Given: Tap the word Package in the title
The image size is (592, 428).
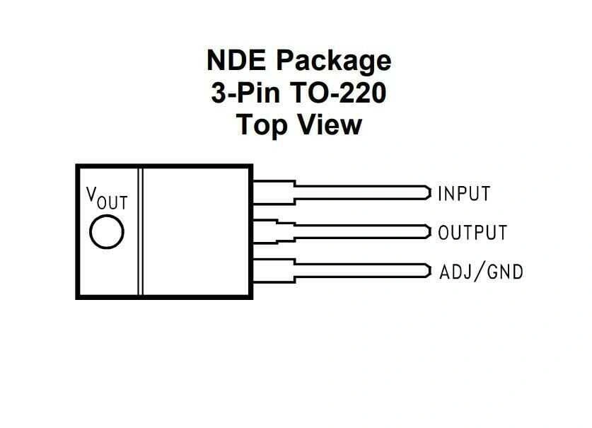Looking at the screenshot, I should tap(333, 62).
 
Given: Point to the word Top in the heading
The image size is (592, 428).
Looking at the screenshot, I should tap(259, 125).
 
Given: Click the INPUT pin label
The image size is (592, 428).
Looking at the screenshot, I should tap(464, 193).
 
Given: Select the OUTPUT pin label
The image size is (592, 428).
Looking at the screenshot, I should tap(472, 232).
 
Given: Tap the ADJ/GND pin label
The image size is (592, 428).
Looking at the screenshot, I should tap(482, 271).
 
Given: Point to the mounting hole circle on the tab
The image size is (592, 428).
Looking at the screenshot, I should tap(107, 232).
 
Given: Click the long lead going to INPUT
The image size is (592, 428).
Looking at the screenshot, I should tap(361, 192).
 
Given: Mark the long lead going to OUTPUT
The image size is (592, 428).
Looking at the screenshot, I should tap(361, 231).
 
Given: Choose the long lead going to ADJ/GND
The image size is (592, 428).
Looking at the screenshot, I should tap(361, 270).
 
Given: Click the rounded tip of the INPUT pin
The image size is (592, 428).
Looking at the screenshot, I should tap(428, 192).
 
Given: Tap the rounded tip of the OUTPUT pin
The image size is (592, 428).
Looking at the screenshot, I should tap(428, 231).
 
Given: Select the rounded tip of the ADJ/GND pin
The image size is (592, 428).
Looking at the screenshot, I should tap(428, 270).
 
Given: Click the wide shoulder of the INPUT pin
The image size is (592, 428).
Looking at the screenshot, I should tap(273, 192).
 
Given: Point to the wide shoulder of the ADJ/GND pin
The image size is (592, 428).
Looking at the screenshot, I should tap(273, 270).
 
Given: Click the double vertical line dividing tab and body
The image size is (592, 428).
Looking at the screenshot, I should tap(141, 231).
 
